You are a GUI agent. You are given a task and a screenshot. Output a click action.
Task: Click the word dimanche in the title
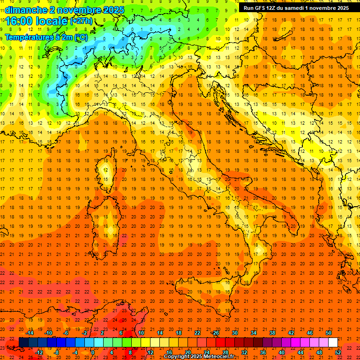(x=26, y=10)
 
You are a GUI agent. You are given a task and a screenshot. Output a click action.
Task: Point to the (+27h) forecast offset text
(x=81, y=21)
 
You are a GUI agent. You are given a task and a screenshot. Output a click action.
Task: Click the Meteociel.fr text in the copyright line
(x=219, y=357)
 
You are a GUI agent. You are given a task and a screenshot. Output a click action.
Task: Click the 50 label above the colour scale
(x=329, y=333)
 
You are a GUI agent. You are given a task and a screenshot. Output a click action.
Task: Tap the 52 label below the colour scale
(x=338, y=352)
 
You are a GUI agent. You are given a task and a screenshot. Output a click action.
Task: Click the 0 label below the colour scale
(x=93, y=352)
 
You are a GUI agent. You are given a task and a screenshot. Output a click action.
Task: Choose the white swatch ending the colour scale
(x=333, y=343)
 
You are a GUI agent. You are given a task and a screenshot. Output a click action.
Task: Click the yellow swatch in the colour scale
(x=145, y=343)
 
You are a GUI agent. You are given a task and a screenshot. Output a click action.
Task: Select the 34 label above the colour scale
(x=254, y=333)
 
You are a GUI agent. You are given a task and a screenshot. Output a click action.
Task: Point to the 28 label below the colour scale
(x=225, y=352)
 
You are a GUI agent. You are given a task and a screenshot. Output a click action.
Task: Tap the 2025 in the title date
(x=114, y=10)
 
